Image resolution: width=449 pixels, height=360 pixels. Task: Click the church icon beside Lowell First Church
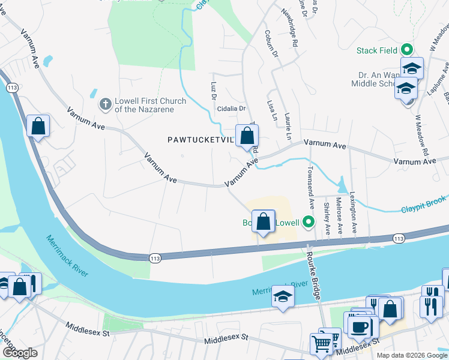coord(105,104)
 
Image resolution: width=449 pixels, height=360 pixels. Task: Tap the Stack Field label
coord(376,50)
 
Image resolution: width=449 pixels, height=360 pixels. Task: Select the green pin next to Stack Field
coord(407,50)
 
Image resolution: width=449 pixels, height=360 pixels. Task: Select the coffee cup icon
coord(360,327)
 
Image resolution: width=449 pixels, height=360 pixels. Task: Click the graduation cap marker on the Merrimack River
coord(283,297)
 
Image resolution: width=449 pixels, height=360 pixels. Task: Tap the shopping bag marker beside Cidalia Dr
coord(247,136)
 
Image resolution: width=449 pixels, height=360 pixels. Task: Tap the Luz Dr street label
coord(213,91)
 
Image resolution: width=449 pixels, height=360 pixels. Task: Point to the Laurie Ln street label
coord(288,127)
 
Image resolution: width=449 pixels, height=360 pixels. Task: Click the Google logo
coord(19,353)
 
